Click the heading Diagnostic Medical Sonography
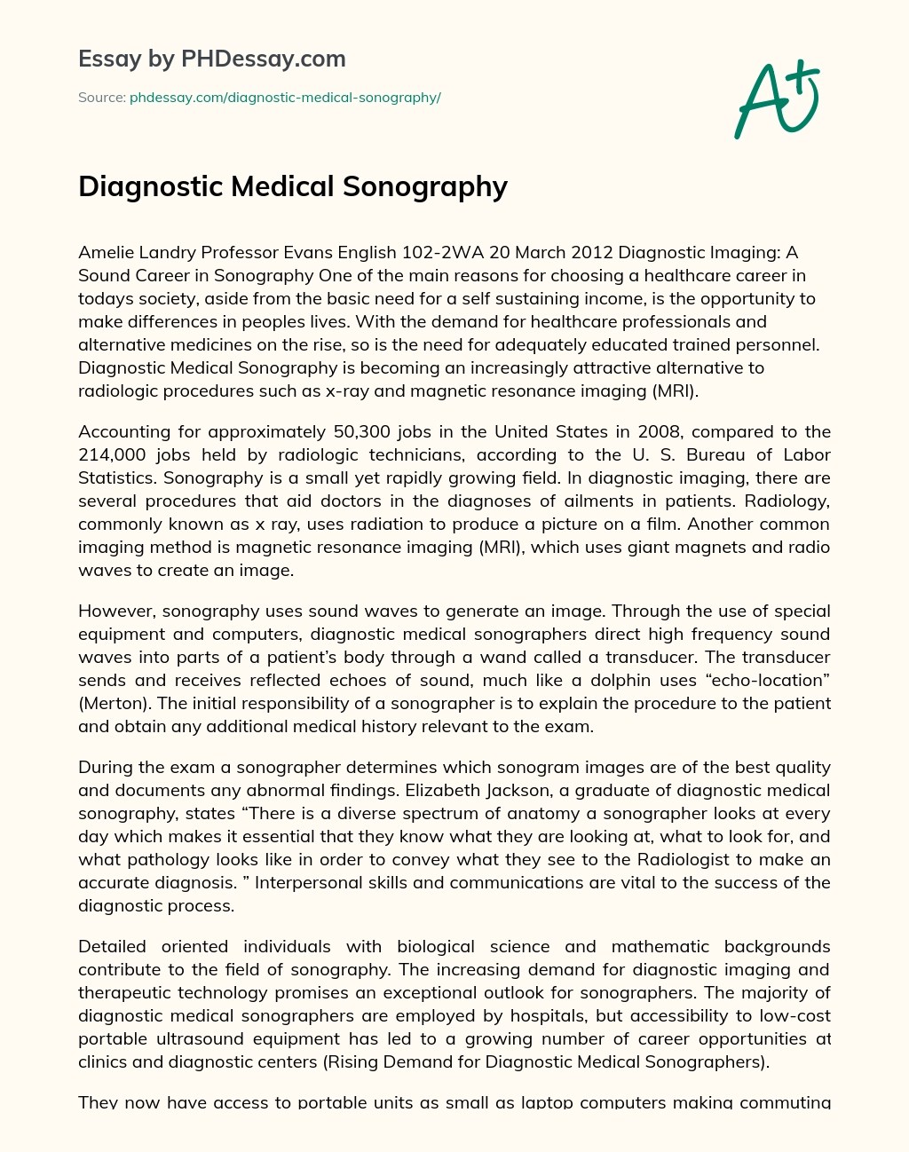click(x=293, y=186)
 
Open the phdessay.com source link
click(x=285, y=98)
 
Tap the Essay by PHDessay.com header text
click(x=211, y=59)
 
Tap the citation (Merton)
click(x=111, y=704)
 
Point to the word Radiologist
click(x=687, y=860)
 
